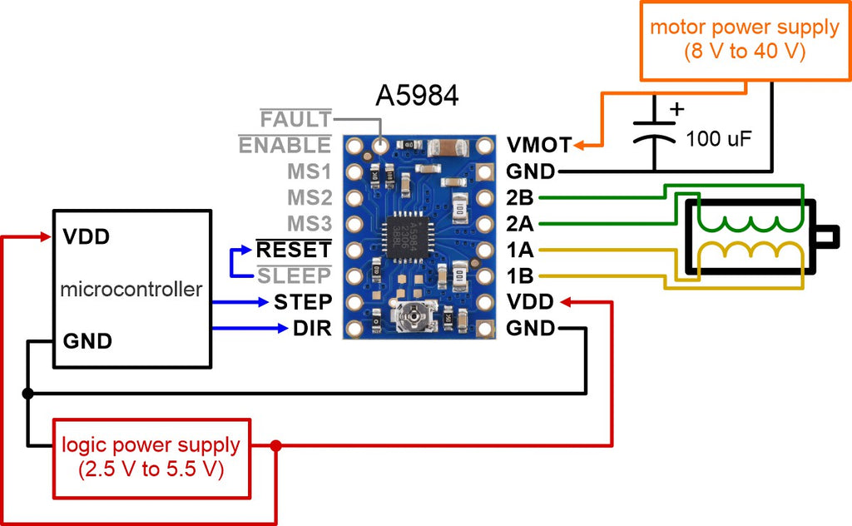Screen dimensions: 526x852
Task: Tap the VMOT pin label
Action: pos(539,146)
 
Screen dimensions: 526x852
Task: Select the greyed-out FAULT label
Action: pos(297,120)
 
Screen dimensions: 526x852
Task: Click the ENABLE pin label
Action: pos(285,146)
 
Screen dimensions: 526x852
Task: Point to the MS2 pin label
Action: pos(310,198)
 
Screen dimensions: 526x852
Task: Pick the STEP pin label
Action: pos(303,301)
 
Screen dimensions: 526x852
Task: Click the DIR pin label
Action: pos(313,329)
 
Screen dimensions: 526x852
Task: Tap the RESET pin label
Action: pos(294,249)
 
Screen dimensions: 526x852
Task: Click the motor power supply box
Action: pos(744,40)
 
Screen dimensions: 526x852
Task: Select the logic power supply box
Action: pos(151,457)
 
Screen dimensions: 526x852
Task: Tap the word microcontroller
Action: pos(131,290)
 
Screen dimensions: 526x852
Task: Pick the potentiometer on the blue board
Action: pos(409,316)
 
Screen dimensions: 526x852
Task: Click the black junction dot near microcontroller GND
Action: pos(27,393)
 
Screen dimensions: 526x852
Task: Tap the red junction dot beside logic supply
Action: pos(276,446)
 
